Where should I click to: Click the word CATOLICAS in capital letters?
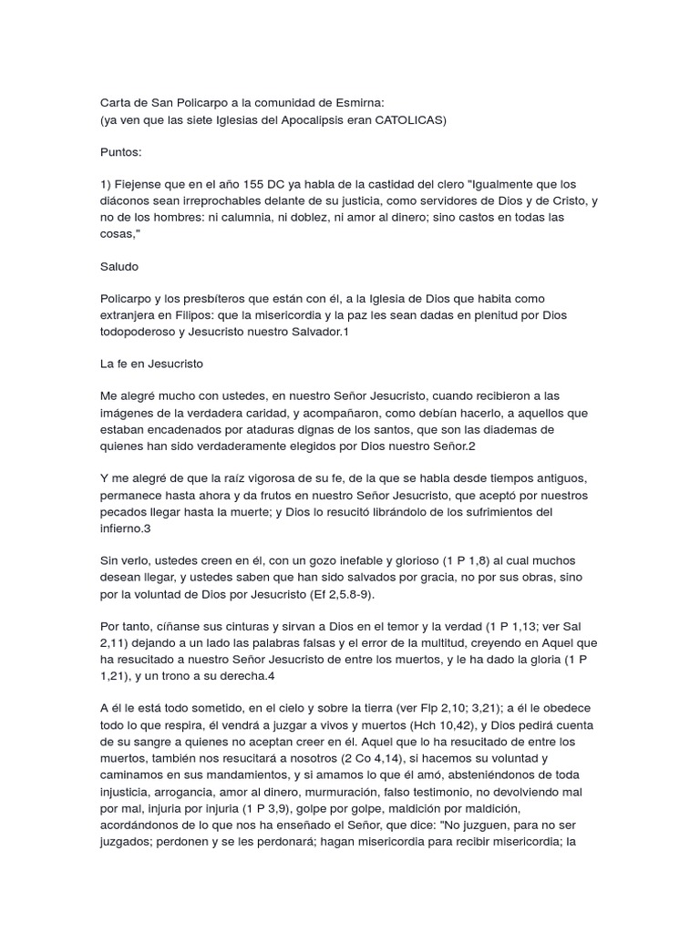coord(409,120)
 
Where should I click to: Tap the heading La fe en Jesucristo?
coord(152,364)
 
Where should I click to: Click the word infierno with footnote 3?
coord(123,528)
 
